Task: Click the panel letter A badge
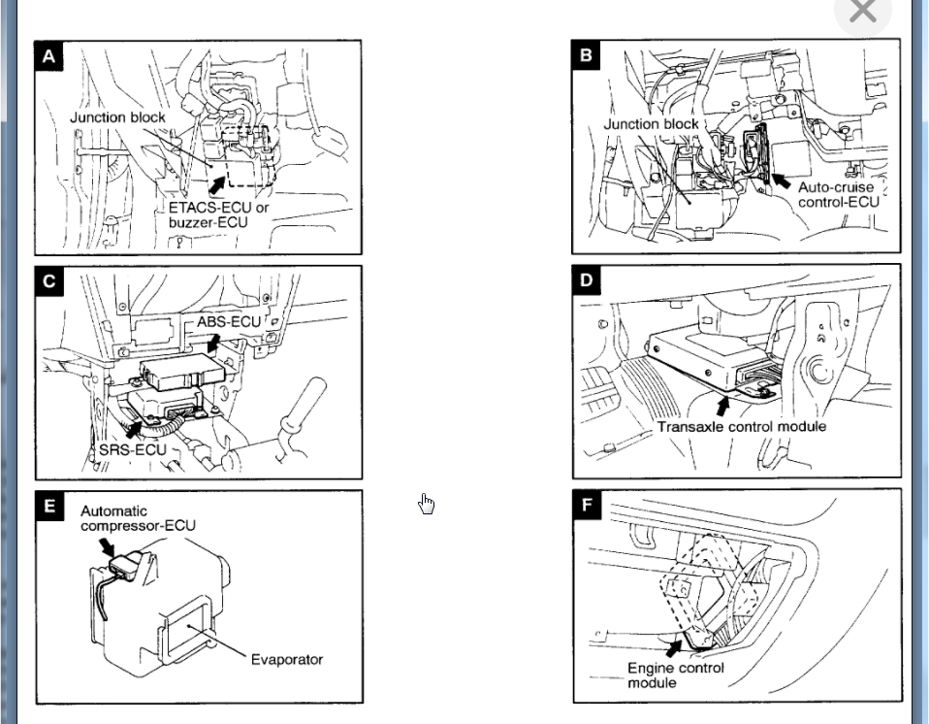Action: click(x=49, y=56)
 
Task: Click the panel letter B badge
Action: click(x=586, y=55)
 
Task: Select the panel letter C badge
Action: click(x=49, y=281)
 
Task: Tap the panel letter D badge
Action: click(x=587, y=280)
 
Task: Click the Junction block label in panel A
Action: click(x=117, y=117)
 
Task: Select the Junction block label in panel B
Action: click(x=651, y=124)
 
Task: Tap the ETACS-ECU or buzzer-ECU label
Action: click(x=219, y=214)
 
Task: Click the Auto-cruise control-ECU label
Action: click(x=838, y=194)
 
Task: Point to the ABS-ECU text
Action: click(x=229, y=321)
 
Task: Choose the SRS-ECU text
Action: click(x=132, y=450)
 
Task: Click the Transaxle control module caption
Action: click(x=741, y=426)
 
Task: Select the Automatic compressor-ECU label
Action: click(x=137, y=518)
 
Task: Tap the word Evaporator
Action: click(x=286, y=660)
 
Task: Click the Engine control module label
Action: click(x=675, y=675)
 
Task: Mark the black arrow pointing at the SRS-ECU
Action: click(x=133, y=426)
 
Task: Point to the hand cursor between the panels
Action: click(x=426, y=504)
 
